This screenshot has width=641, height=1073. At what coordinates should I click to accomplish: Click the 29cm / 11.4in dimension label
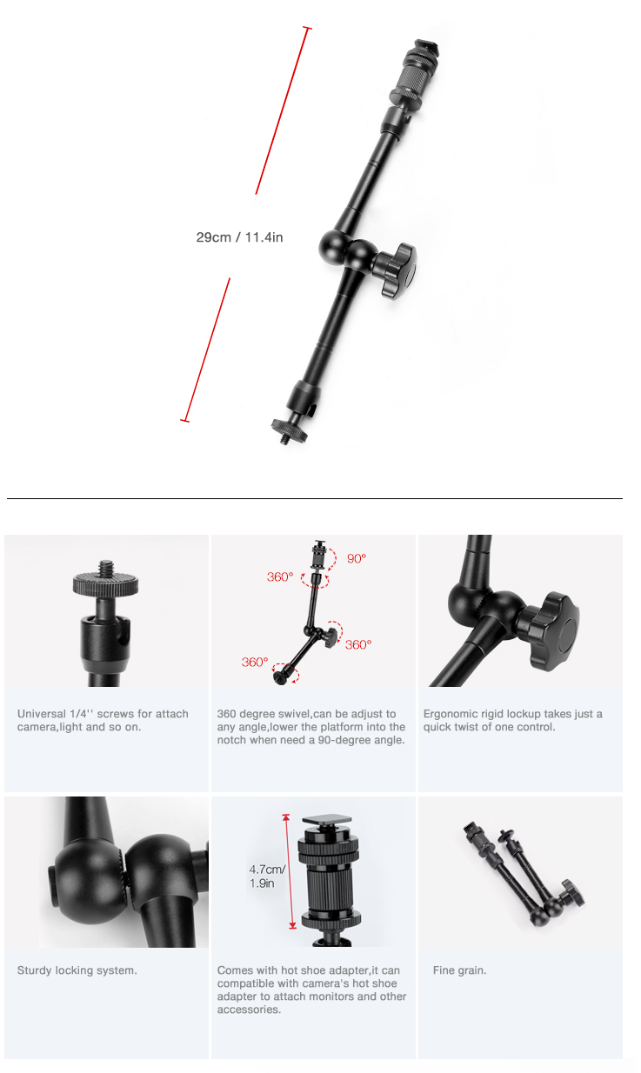239,237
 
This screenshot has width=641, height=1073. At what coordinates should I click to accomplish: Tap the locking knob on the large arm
395,270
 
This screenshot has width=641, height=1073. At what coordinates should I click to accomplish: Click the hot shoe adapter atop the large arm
412,72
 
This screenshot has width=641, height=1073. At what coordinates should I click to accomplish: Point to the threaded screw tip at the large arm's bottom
285,439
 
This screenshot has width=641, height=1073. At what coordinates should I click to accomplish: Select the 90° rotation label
357,558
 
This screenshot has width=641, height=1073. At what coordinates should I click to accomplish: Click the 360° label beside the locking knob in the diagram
358,645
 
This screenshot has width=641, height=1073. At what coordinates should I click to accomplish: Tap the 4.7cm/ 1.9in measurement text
267,876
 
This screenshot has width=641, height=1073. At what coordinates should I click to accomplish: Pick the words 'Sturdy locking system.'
77,970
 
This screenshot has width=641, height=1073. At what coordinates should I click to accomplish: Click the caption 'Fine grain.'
459,970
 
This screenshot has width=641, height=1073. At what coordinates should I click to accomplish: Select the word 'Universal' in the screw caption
42,714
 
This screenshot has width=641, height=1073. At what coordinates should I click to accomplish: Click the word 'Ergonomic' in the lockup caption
450,714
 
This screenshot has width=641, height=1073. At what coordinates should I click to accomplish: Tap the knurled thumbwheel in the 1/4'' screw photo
106,583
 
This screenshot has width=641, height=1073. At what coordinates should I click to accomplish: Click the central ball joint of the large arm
347,249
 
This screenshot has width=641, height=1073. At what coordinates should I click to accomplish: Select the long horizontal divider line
315,498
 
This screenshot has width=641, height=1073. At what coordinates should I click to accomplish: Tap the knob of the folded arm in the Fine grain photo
573,892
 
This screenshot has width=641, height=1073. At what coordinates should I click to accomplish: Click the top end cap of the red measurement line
307,29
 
